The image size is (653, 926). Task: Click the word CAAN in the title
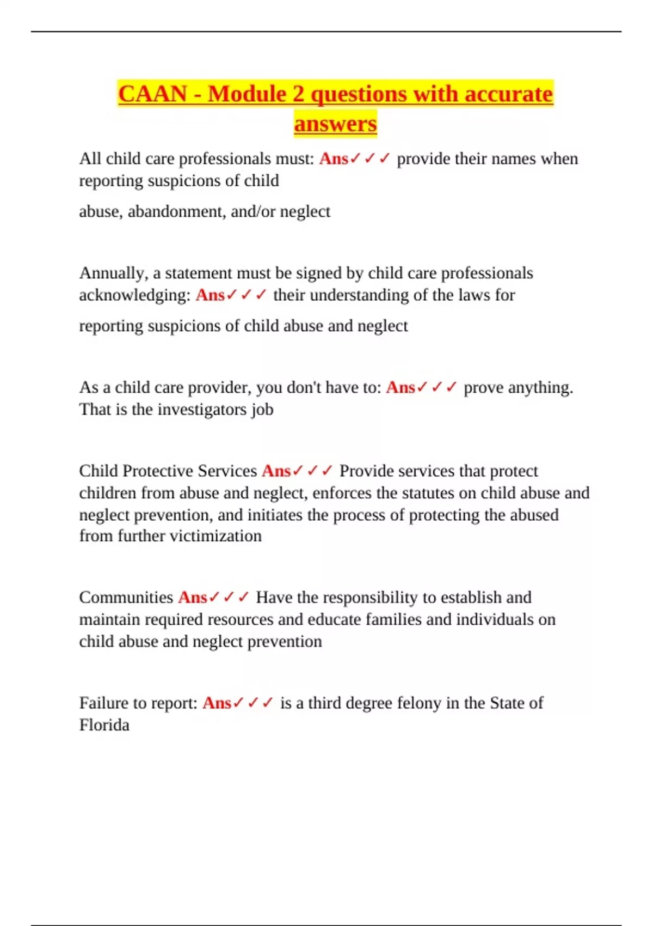(x=152, y=94)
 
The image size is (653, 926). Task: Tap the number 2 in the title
(x=298, y=94)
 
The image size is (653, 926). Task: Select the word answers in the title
(x=335, y=124)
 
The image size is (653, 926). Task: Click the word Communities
(x=126, y=598)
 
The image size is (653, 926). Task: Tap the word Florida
(x=104, y=726)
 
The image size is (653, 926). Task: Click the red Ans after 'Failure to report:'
(x=217, y=703)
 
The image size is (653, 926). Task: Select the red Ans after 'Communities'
(x=193, y=598)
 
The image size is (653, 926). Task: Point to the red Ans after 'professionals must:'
(x=333, y=159)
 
